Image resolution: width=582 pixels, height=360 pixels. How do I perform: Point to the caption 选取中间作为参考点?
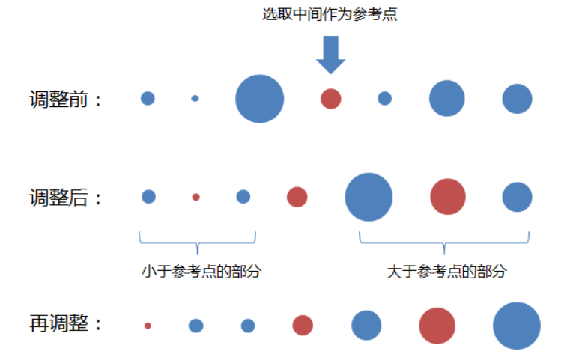pyautogui.click(x=330, y=14)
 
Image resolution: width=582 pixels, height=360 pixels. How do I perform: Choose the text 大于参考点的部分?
pyautogui.click(x=446, y=271)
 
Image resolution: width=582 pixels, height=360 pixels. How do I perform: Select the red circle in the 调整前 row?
pyautogui.click(x=331, y=99)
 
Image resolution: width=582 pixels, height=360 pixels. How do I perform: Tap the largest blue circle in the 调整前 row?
pyautogui.click(x=260, y=99)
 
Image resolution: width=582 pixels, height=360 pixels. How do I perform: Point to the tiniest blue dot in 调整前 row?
pyautogui.click(x=195, y=98)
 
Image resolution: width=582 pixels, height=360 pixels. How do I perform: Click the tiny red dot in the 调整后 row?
pyautogui.click(x=196, y=197)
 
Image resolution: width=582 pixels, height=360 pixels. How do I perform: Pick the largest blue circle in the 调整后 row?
pyautogui.click(x=369, y=197)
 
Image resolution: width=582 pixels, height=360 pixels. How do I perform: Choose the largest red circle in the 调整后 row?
pyautogui.click(x=448, y=197)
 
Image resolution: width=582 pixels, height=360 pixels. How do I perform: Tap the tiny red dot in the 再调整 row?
pyautogui.click(x=148, y=326)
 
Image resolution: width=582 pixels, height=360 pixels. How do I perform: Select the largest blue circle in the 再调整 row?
pyautogui.click(x=517, y=326)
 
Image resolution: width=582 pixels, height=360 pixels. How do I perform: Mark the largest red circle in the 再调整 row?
pyautogui.click(x=437, y=326)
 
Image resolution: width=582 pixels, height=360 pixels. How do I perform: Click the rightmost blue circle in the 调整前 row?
pyautogui.click(x=517, y=99)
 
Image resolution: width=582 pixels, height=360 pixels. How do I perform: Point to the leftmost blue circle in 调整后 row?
pyautogui.click(x=149, y=197)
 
